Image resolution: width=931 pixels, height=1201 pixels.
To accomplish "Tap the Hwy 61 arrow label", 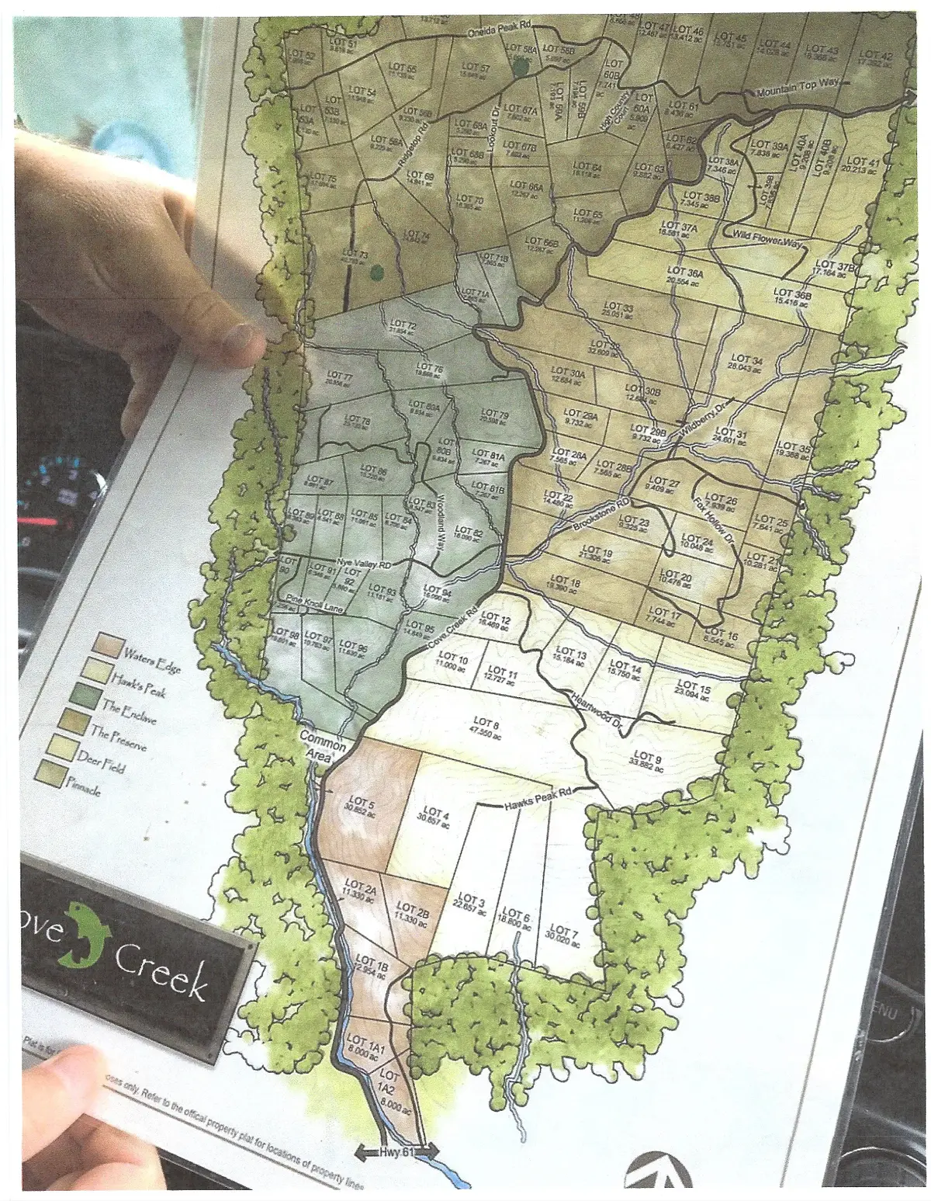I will tap(398, 1153).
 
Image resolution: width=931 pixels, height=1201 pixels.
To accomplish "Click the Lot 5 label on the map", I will tap(361, 805).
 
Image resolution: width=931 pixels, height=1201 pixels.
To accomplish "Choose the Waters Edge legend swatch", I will tap(107, 644).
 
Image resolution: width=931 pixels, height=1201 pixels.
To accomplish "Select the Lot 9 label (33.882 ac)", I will tap(648, 760).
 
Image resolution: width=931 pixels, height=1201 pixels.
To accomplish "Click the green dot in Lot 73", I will tap(377, 271).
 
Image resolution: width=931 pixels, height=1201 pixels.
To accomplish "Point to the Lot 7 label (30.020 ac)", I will tap(562, 934).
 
